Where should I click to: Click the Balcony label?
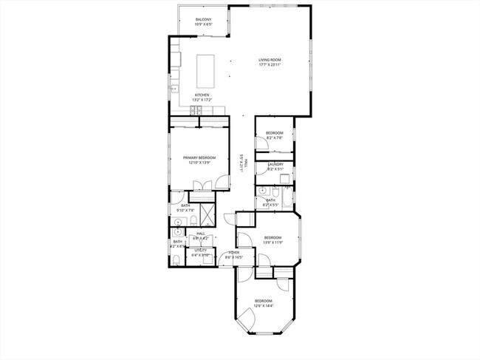pos(203,19)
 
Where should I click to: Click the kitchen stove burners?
pos(196,111)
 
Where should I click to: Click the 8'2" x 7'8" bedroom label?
pos(274,135)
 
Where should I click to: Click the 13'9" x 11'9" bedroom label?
pos(273,240)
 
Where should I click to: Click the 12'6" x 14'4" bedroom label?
pos(264,302)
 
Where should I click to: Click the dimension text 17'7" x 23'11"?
pos(270,65)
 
